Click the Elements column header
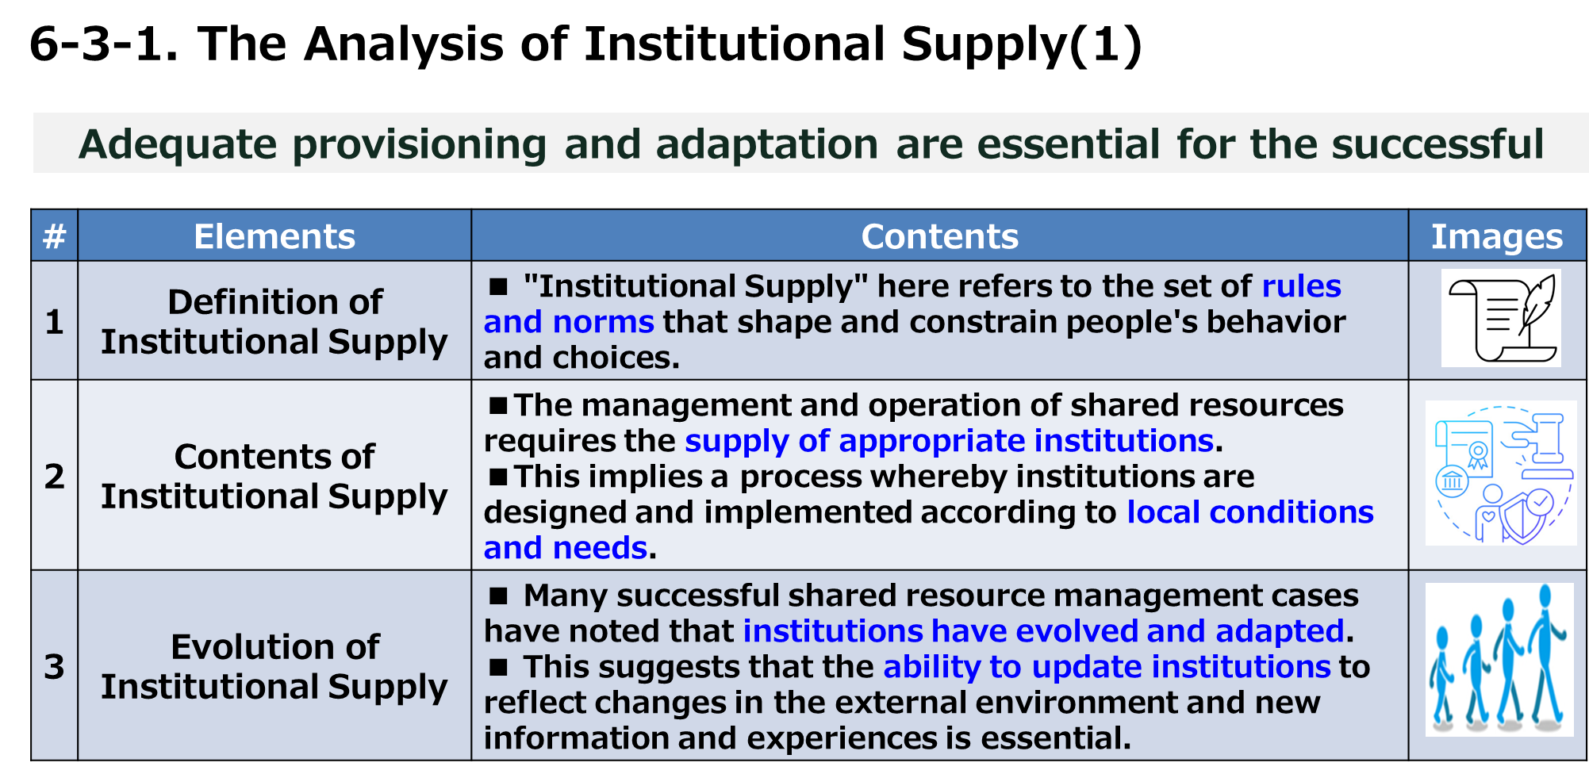[x=274, y=236]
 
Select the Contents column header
[x=940, y=236]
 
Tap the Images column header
[x=1497, y=236]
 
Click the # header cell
[x=54, y=236]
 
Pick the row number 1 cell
[x=54, y=321]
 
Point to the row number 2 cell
[x=54, y=475]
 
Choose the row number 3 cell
[x=54, y=665]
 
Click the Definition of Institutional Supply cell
[x=274, y=321]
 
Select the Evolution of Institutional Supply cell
[x=274, y=665]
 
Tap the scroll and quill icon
[x=1501, y=318]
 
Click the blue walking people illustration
[x=1499, y=660]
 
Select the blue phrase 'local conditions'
[x=1250, y=512]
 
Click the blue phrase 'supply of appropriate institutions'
[x=950, y=441]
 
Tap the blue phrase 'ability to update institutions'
[x=1107, y=667]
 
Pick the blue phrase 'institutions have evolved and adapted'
[x=1044, y=631]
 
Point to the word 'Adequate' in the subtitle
[x=178, y=145]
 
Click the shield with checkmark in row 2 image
[x=1528, y=516]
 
